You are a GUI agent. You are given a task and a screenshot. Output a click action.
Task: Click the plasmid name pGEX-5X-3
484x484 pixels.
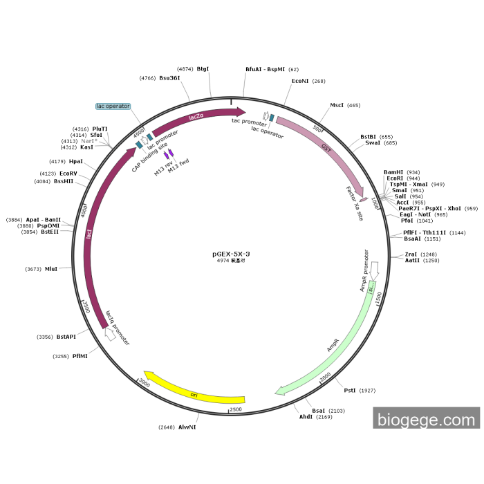click(x=231, y=254)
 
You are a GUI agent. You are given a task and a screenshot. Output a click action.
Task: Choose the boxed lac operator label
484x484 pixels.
click(x=113, y=106)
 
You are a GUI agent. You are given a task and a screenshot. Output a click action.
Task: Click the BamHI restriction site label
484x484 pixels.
click(x=393, y=172)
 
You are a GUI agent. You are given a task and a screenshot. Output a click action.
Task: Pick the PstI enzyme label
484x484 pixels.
click(x=350, y=391)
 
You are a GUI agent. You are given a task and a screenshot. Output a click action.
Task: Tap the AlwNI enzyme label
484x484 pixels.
click(x=187, y=427)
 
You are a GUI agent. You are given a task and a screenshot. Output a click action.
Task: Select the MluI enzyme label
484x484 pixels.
click(x=51, y=269)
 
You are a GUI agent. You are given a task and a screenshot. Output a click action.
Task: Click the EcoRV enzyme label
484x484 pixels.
click(x=68, y=174)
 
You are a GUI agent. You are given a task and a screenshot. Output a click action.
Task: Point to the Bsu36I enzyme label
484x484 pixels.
click(x=169, y=78)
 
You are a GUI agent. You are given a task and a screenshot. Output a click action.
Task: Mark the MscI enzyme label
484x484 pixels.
click(x=337, y=105)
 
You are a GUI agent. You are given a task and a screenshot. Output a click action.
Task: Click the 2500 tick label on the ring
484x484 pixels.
click(x=236, y=410)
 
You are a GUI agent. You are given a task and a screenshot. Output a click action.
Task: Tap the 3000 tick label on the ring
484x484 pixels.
click(x=144, y=382)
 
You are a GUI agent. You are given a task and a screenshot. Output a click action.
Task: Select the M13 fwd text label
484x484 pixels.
click(x=178, y=167)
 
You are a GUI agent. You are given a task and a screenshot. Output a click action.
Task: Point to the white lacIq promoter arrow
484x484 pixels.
click(x=109, y=334)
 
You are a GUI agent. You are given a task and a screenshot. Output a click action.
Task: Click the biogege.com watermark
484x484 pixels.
click(x=426, y=419)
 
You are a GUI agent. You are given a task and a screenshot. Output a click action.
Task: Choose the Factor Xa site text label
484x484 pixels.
click(x=354, y=202)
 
